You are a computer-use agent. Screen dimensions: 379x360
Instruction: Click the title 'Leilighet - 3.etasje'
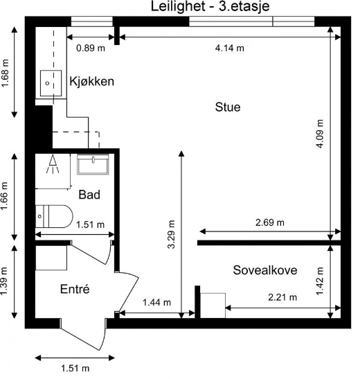[x=210, y=7]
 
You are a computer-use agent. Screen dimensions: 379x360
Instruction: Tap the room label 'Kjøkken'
[x=91, y=82]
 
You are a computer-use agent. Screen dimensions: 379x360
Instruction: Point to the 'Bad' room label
[x=89, y=195]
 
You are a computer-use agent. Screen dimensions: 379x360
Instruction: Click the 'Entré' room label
[x=76, y=289]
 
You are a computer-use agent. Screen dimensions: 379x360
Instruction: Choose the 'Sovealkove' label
[x=265, y=270]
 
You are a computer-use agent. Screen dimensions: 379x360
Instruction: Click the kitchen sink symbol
[x=49, y=82]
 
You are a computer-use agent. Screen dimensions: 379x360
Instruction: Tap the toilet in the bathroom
[x=54, y=216]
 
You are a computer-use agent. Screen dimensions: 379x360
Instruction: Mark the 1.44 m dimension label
[x=157, y=303]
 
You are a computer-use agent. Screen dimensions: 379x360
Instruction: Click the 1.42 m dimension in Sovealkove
[x=320, y=279]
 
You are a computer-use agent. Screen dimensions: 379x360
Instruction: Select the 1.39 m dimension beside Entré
[x=6, y=283]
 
